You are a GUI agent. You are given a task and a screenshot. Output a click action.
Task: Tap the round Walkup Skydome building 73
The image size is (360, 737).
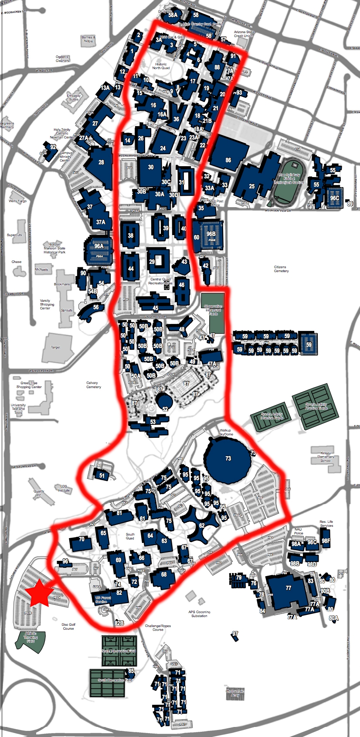(x=228, y=458)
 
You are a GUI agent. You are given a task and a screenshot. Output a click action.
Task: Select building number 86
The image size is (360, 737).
(x=228, y=160)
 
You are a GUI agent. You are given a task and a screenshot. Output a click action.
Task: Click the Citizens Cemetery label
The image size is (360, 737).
(x=281, y=269)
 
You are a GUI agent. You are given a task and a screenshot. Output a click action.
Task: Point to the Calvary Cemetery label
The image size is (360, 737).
(x=93, y=385)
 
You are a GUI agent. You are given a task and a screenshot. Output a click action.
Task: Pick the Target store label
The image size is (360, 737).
(x=55, y=348)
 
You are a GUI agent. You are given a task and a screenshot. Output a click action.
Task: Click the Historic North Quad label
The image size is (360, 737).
(x=161, y=66)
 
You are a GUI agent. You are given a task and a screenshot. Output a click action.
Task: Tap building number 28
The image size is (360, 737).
(x=101, y=162)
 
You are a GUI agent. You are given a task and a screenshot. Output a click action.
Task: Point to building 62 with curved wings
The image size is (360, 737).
(x=201, y=525)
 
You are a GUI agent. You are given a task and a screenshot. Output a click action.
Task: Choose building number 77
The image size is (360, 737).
(x=288, y=588)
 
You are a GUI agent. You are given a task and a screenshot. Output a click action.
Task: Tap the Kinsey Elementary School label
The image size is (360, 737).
(x=326, y=457)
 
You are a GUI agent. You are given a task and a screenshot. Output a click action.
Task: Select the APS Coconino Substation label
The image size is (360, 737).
(x=199, y=614)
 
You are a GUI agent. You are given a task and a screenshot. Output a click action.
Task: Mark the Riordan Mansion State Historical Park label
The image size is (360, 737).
(x=54, y=248)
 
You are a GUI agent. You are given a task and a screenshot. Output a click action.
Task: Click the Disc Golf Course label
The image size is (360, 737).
(x=68, y=626)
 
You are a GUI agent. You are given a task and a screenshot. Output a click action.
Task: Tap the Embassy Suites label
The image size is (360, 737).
(x=74, y=97)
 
